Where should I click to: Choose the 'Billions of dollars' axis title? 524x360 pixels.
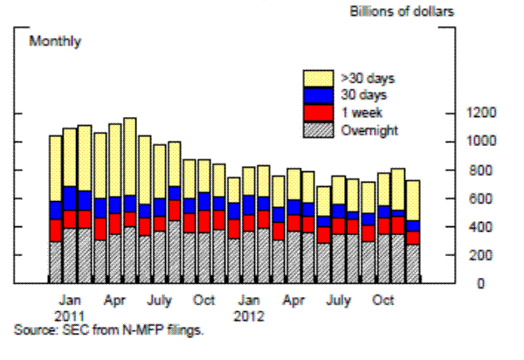403,11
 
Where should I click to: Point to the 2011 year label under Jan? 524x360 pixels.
74,312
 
